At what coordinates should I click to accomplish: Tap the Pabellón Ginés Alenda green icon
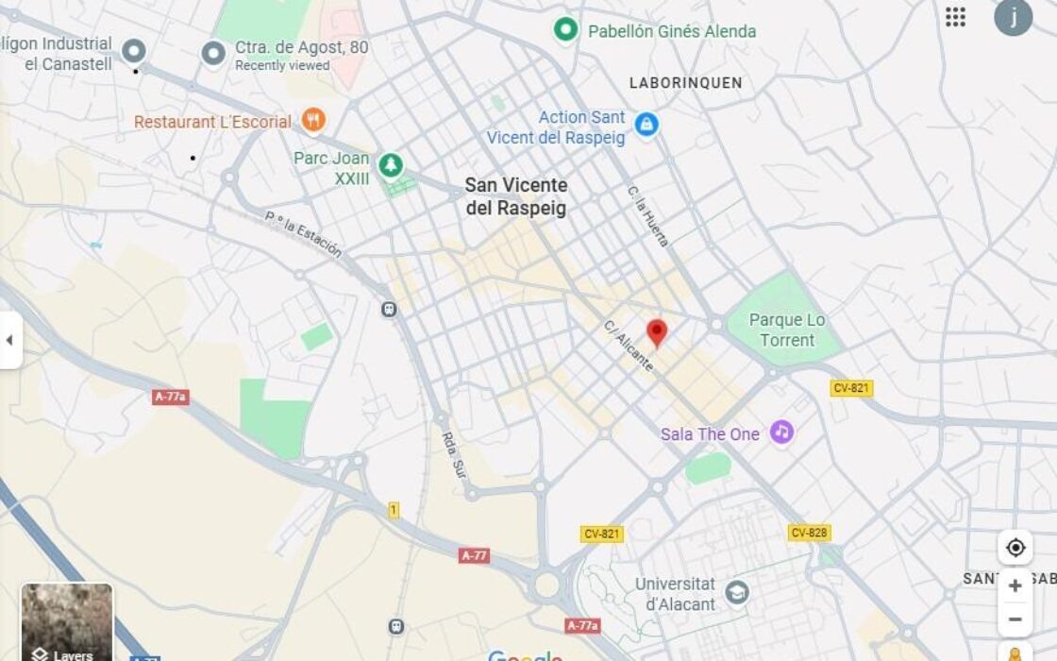pos(565,30)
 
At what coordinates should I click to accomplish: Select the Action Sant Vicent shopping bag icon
pos(646,125)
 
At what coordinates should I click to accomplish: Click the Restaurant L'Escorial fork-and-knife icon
pos(313,120)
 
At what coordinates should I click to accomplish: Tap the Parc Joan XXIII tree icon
pos(390,165)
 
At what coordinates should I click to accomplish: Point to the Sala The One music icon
pos(780,432)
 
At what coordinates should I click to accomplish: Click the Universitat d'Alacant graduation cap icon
pos(736,594)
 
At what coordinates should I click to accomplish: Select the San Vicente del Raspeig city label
pos(516,196)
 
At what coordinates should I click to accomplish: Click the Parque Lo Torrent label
pos(787,330)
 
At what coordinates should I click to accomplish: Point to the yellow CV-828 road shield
pos(809,533)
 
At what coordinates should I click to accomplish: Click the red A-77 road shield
pos(475,555)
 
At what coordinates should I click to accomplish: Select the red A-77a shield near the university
pos(583,625)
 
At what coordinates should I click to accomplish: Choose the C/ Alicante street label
pos(629,346)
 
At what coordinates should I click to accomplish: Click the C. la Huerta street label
pos(648,215)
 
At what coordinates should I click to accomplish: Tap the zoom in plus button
pos(1015,585)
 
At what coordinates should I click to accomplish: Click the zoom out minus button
pos(1015,619)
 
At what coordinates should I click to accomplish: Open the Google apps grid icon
pos(955,17)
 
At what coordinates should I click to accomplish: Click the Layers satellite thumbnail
pos(67,621)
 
